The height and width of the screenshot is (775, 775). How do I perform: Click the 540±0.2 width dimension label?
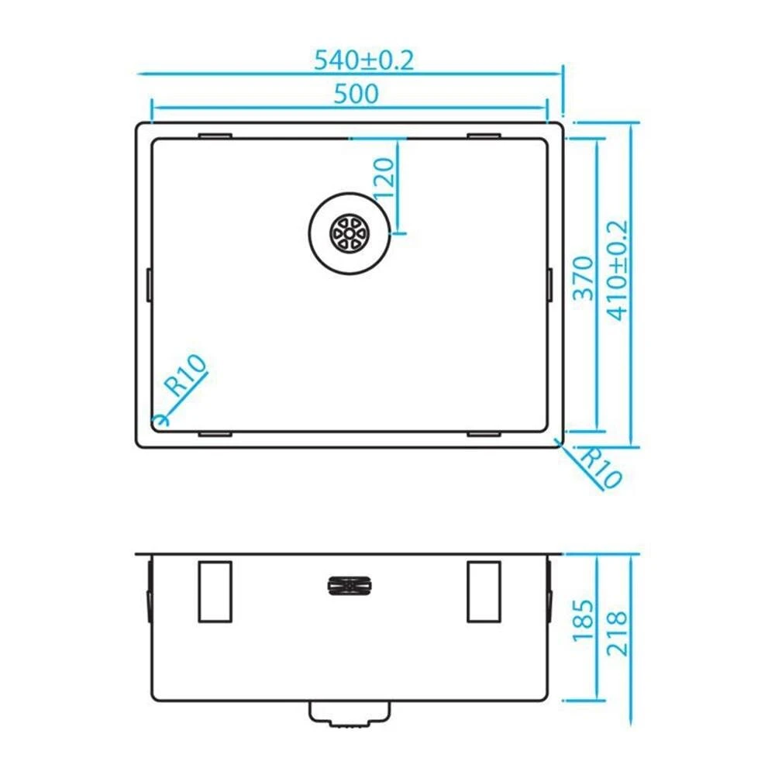coord(363,60)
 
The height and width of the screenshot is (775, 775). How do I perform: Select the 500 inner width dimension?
coord(356,94)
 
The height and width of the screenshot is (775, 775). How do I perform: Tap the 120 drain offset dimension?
coord(384,178)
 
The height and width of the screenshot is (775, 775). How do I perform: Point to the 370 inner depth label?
coord(584,277)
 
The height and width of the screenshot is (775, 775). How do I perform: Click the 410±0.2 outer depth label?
coord(618,270)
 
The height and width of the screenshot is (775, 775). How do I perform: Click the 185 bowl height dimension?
coord(584,620)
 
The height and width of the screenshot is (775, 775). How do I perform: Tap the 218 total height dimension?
coord(618,634)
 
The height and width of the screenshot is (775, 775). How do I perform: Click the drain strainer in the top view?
coord(350,233)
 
